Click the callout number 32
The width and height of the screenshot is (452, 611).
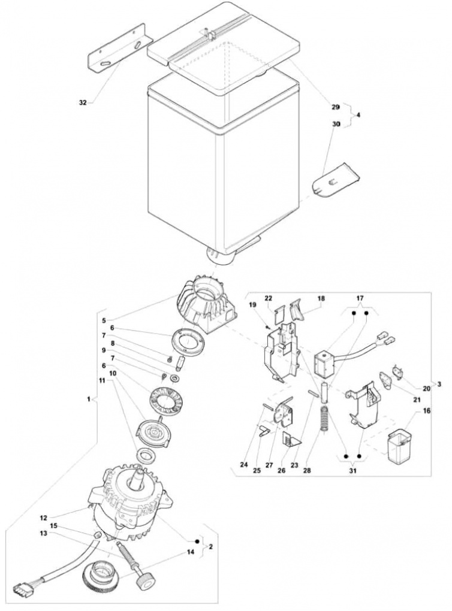point(82,103)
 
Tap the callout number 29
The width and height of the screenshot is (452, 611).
point(336,107)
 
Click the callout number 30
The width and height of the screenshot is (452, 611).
point(336,124)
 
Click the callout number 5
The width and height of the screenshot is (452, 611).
point(104,320)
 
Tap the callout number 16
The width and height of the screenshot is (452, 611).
point(427,411)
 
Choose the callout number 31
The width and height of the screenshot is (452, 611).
point(352,471)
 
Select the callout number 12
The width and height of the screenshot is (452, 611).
point(43,518)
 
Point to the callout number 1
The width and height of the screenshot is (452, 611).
point(89,399)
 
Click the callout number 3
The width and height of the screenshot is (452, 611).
point(439,384)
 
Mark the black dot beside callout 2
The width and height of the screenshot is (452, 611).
point(197,542)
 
